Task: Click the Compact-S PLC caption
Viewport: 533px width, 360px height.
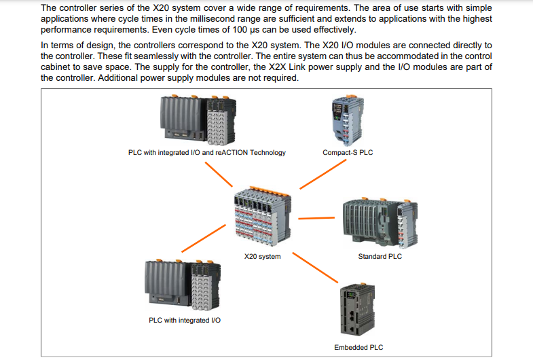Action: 348,152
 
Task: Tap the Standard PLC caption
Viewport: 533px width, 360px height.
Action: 380,256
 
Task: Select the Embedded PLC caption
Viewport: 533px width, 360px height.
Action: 359,347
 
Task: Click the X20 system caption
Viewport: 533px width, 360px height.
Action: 262,256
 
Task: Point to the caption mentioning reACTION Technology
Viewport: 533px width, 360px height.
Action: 206,152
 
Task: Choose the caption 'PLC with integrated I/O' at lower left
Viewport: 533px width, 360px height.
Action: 185,320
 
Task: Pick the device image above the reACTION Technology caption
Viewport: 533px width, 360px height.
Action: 198,120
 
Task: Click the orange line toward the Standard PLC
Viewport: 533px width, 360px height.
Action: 316,218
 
